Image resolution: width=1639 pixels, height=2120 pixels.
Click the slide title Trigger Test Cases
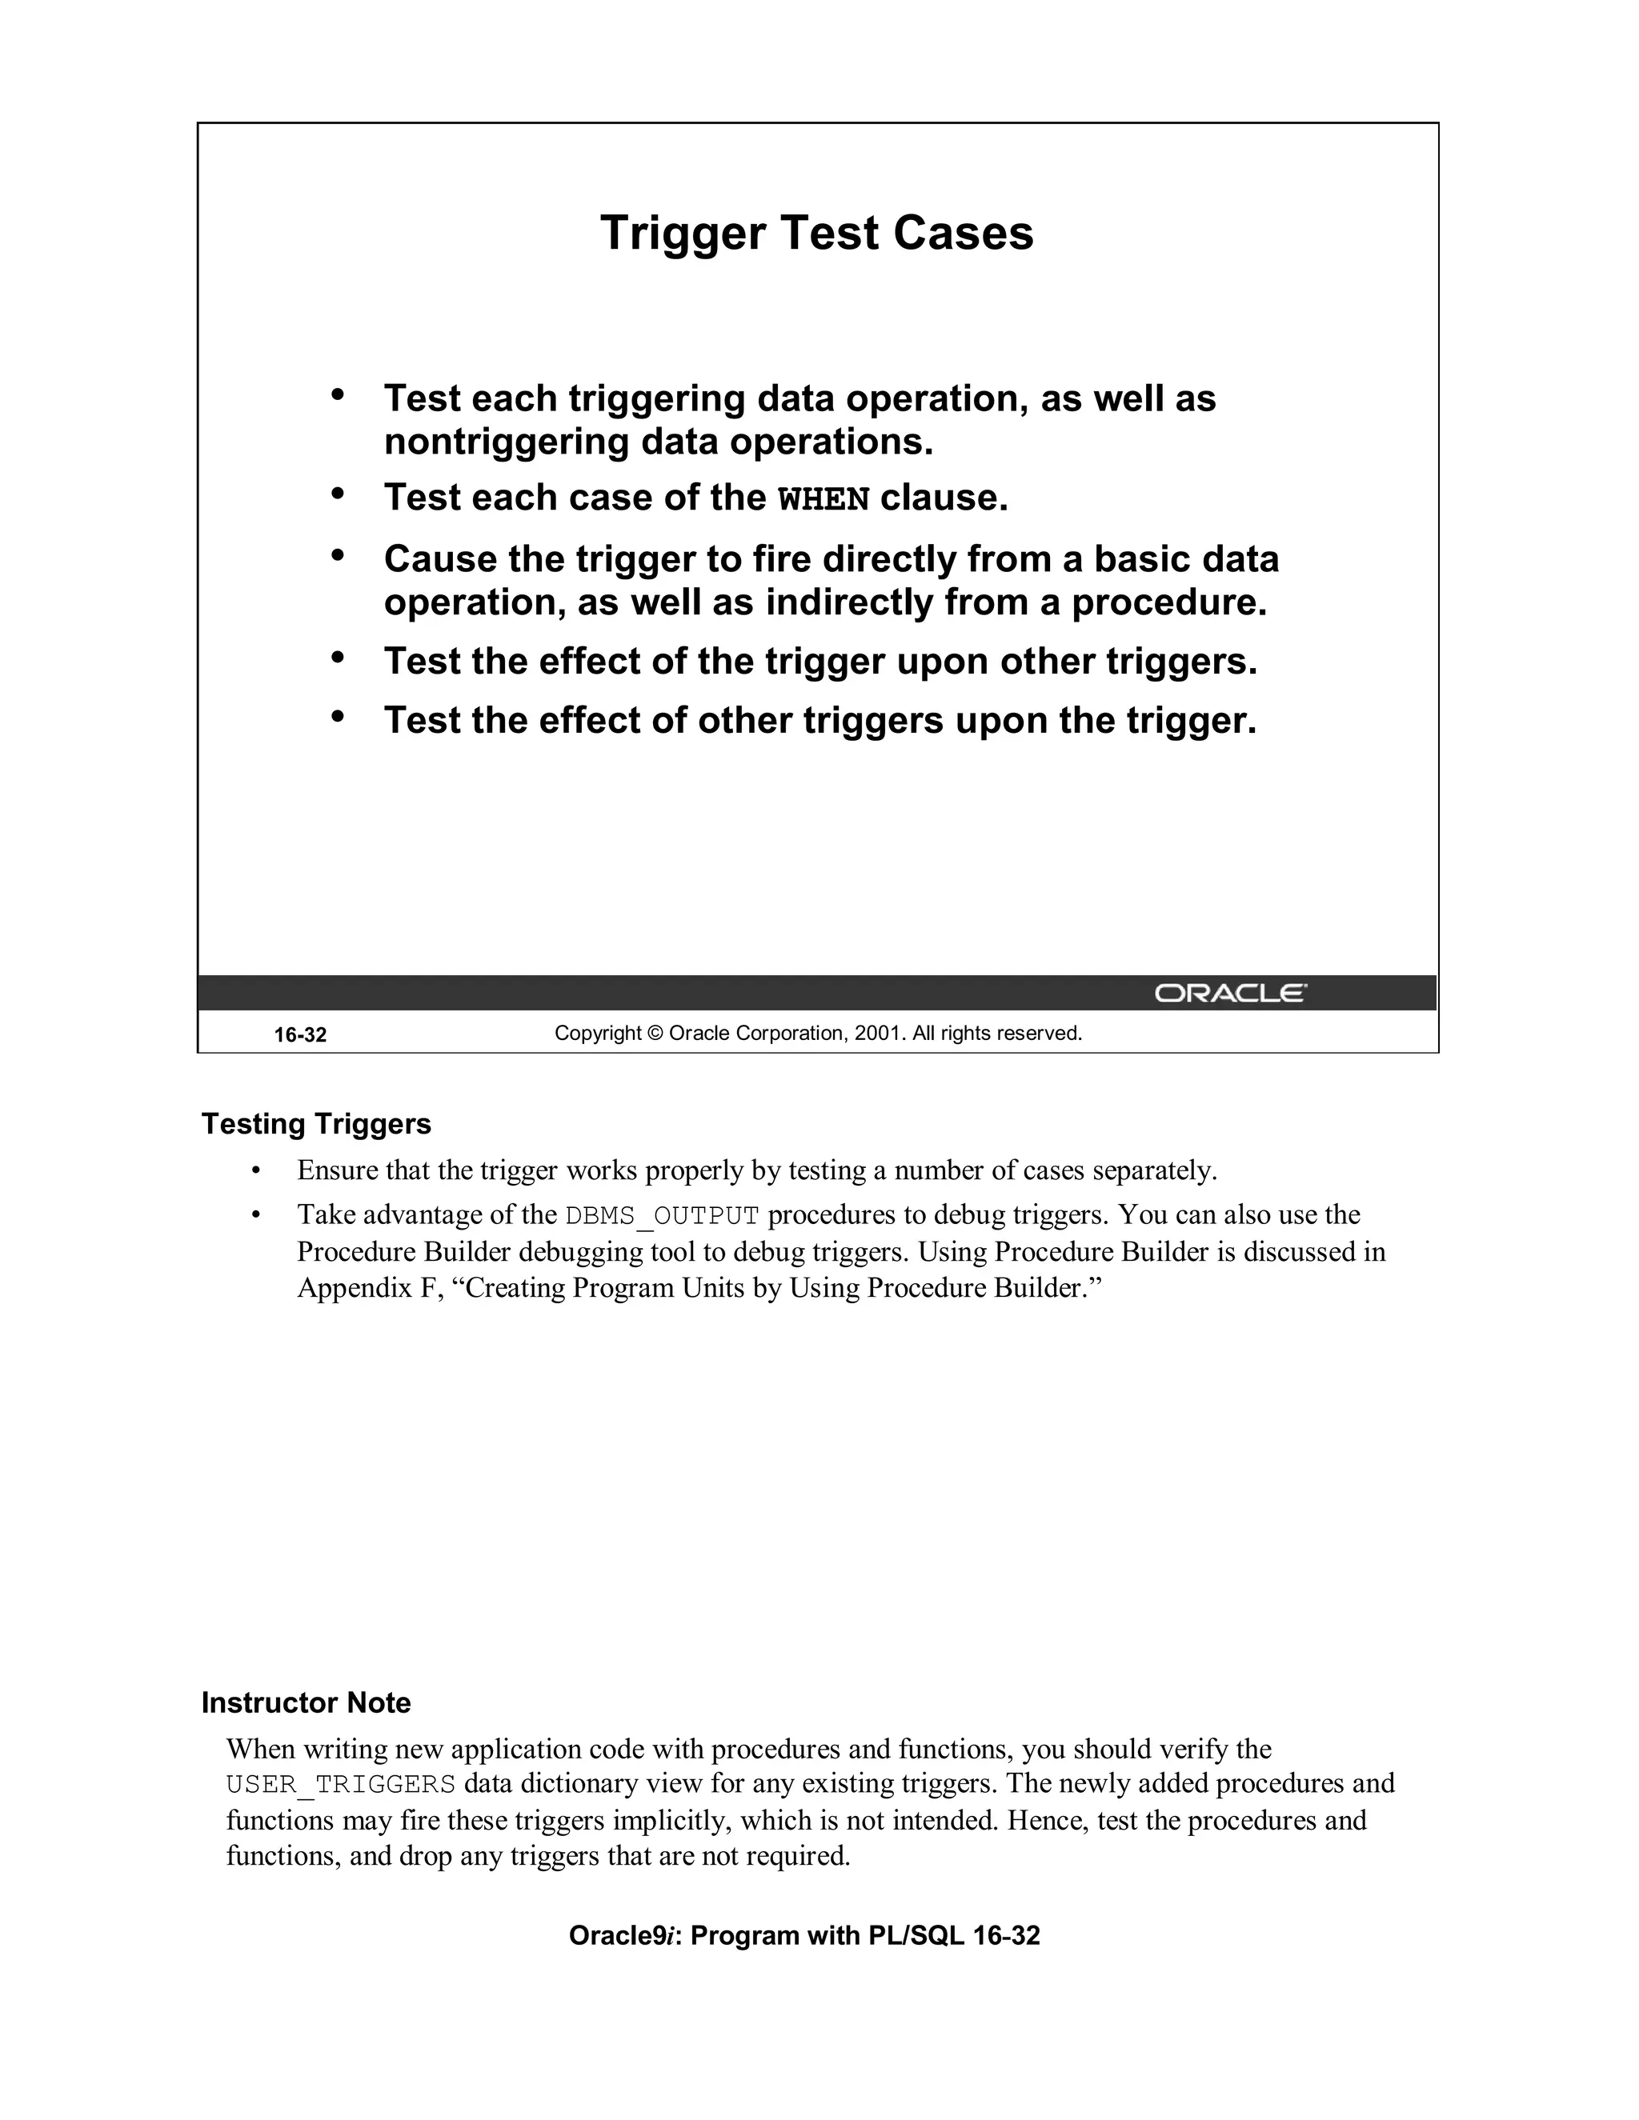[816, 233]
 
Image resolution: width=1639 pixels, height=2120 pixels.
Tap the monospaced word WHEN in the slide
[824, 499]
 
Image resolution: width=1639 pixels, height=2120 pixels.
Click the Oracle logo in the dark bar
[1230, 993]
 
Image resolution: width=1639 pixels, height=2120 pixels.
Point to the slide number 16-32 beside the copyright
[300, 1034]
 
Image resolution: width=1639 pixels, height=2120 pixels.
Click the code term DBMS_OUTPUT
[661, 1215]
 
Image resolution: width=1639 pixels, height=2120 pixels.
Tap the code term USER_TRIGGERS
[341, 1784]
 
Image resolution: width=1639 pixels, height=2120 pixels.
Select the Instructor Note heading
[306, 1702]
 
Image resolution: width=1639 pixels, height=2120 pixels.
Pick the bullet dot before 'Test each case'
[338, 494]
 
